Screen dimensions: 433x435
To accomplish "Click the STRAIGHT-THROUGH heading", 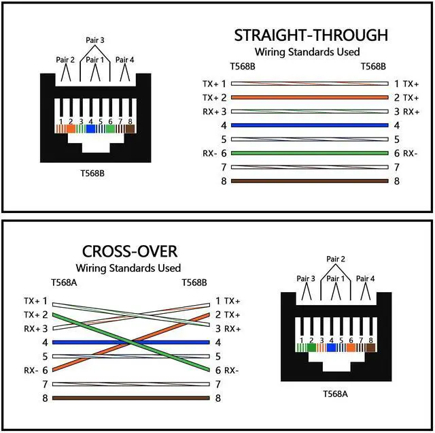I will (x=311, y=35).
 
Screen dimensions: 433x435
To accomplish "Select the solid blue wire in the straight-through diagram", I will (x=310, y=125).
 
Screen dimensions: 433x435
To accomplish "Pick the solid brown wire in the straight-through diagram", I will (x=310, y=181).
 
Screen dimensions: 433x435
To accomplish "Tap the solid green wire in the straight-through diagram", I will (x=310, y=153).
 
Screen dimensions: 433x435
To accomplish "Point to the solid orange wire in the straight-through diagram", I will (x=310, y=97).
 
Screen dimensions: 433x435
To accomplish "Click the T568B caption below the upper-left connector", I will (x=92, y=173).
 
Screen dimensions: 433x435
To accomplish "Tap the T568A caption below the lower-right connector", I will (x=336, y=394).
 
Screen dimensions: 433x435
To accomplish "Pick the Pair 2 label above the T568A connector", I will (x=336, y=259).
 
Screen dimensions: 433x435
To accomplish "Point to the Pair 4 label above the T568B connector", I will (x=125, y=60).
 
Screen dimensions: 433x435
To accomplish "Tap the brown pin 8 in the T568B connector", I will (x=130, y=128).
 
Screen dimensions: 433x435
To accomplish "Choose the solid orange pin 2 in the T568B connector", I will (x=70, y=128).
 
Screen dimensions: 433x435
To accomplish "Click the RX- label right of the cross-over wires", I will (x=232, y=370).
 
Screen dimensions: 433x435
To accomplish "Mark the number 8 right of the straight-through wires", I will (x=397, y=182).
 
